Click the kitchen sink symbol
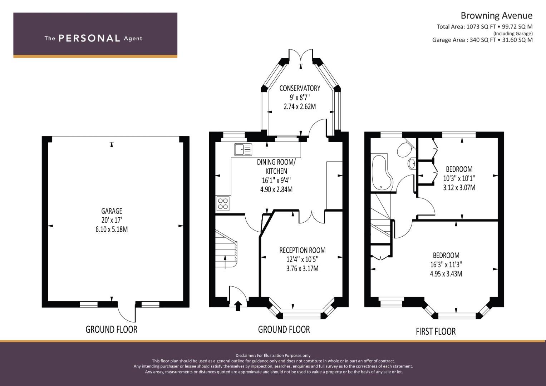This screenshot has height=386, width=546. [243, 149]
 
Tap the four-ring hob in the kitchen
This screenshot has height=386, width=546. [223, 203]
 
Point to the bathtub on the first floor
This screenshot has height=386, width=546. [382, 172]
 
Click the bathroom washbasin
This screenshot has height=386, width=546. [412, 164]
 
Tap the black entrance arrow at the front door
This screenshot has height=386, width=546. [238, 306]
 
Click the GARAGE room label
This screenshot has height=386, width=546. [112, 211]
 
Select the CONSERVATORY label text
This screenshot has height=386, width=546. [300, 88]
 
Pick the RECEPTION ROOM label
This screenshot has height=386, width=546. [302, 250]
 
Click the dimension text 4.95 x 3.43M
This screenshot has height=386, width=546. [446, 274]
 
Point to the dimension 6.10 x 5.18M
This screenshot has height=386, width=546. [112, 229]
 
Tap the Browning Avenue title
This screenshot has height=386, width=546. [497, 16]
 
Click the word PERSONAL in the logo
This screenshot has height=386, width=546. [89, 38]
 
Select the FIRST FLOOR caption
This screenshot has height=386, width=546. [436, 331]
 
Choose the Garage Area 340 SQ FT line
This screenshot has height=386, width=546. [482, 40]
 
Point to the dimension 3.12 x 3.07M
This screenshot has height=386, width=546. [459, 187]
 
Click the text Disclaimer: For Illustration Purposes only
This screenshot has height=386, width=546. [273, 356]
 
